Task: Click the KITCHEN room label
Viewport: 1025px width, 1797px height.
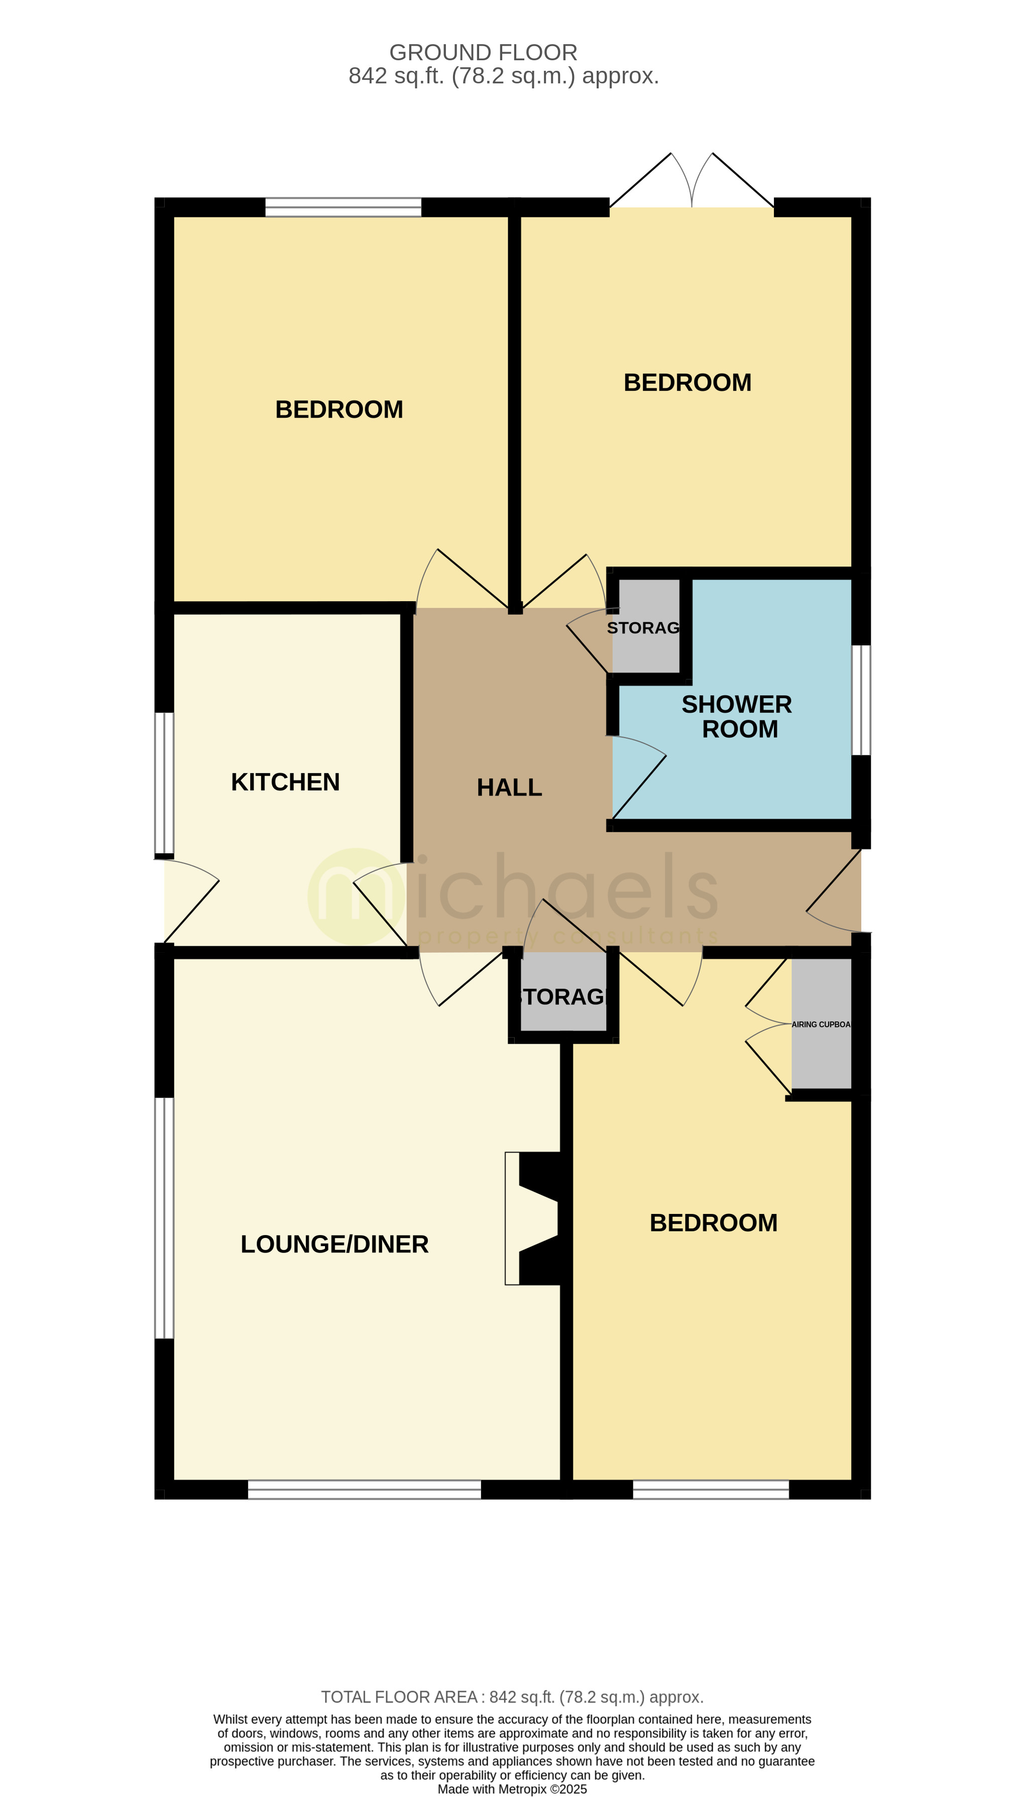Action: (x=285, y=782)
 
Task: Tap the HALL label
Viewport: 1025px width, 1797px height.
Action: (x=509, y=788)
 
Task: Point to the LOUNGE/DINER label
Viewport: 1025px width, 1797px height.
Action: (x=334, y=1244)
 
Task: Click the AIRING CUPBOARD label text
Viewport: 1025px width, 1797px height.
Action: (x=821, y=1024)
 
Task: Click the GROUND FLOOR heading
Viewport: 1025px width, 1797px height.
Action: (x=483, y=53)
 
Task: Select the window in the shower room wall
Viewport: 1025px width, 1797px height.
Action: (x=861, y=700)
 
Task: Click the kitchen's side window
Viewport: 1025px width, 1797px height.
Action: (x=164, y=782)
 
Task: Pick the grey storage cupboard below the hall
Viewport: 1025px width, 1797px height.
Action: (x=563, y=994)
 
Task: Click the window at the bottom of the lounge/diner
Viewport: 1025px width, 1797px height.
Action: (x=364, y=1490)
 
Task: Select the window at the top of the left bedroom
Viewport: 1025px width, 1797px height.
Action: (x=343, y=207)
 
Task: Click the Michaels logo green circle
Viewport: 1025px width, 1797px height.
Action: (x=356, y=896)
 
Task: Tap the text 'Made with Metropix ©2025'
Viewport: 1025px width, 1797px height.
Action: (x=512, y=1788)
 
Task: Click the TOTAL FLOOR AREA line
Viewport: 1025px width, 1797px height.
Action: (x=512, y=1697)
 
